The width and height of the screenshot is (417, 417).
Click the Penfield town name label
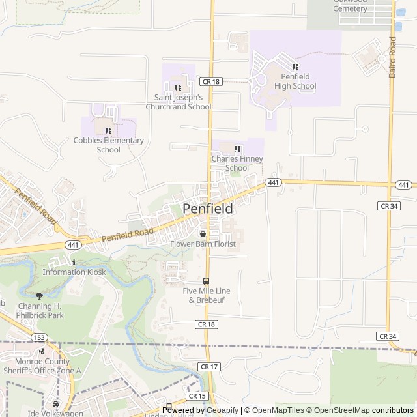coord(207,208)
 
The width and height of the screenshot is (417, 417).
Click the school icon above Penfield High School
coord(295,66)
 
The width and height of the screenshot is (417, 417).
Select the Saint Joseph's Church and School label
coord(179,102)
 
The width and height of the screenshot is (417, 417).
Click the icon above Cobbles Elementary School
coord(108,130)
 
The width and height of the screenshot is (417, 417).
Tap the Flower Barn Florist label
coord(203,244)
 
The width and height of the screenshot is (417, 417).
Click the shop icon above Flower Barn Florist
coord(203,233)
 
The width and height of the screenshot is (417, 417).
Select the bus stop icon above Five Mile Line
coord(207,281)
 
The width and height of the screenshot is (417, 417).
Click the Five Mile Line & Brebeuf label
coord(207,295)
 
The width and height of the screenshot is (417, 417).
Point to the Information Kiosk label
coord(74,272)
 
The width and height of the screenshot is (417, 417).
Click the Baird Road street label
coord(392,57)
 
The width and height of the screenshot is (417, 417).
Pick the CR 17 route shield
coord(210,367)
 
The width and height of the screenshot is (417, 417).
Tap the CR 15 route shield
coord(197,395)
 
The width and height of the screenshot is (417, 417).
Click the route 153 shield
coord(40,337)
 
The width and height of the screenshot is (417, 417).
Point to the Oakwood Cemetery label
coord(351,5)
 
